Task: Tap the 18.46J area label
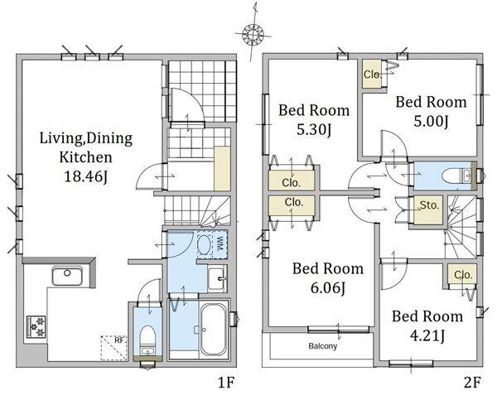(x=86, y=176)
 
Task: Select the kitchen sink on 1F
(x=67, y=276)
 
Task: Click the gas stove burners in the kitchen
(x=36, y=326)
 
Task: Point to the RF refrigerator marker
(x=114, y=348)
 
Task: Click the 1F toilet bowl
(x=147, y=336)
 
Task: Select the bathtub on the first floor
(x=215, y=330)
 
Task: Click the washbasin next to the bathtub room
(x=217, y=278)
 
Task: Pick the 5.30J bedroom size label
(x=314, y=130)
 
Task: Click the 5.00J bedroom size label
(x=431, y=122)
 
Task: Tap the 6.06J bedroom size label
(x=328, y=288)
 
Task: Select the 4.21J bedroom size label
(x=427, y=335)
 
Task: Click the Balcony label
(x=323, y=346)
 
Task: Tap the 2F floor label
(x=472, y=383)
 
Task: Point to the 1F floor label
(x=225, y=383)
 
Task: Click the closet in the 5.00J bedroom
(x=372, y=74)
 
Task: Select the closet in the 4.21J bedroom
(x=462, y=275)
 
